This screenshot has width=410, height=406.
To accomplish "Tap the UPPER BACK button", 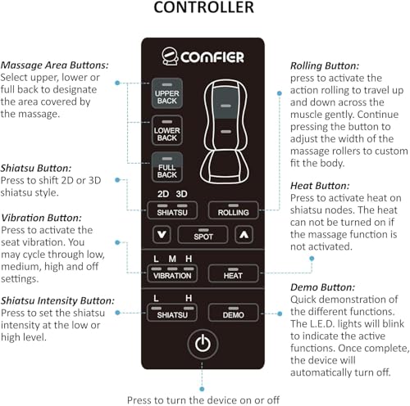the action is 167,93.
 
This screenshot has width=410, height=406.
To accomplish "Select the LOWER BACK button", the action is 167,130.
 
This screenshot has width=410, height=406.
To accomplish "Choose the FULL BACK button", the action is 167,167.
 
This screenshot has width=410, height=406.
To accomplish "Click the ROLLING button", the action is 233,210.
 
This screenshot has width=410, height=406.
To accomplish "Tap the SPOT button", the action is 203,235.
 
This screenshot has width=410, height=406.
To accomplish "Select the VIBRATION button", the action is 172,273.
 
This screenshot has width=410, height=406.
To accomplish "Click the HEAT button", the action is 233,273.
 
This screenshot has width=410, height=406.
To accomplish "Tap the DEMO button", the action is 233,313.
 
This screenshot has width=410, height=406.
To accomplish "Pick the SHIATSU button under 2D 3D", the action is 172,210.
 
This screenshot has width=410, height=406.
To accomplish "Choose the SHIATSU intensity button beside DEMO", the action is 172,313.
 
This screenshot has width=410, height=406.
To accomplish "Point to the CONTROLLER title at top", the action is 204,7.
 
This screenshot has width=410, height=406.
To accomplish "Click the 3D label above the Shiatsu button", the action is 181,194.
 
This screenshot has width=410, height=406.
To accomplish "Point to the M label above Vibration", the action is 172,259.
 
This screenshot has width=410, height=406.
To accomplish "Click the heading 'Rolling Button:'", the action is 325,66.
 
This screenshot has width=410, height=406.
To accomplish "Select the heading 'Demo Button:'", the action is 322,287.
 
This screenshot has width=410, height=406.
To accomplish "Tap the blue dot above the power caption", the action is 202,389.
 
